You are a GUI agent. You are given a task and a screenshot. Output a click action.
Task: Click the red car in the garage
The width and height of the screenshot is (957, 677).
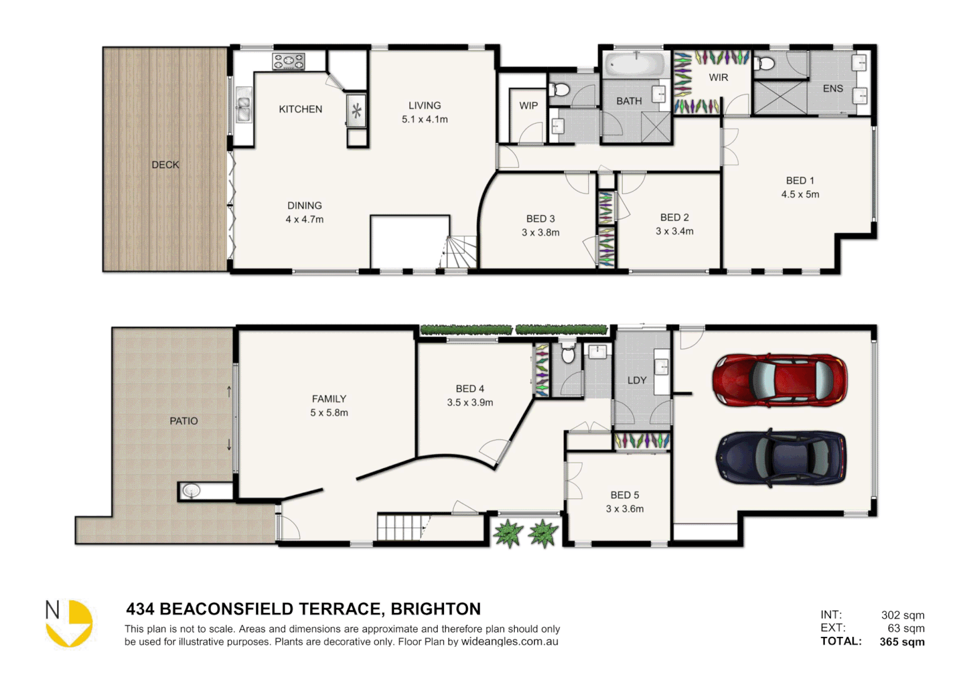[x=779, y=380]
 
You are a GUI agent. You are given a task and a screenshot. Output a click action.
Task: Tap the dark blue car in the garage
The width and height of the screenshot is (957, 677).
[x=780, y=458]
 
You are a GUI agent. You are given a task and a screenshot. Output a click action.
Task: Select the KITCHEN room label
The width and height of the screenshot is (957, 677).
[x=301, y=109]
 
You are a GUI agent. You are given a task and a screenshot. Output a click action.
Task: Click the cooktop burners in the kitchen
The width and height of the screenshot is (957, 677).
[x=288, y=61]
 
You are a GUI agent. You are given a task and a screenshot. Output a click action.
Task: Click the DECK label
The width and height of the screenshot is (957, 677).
[x=165, y=165]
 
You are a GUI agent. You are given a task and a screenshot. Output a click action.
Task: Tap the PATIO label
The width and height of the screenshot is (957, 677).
[x=184, y=421]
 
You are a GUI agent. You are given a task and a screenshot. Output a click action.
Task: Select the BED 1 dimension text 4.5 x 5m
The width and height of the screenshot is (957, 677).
[x=800, y=194]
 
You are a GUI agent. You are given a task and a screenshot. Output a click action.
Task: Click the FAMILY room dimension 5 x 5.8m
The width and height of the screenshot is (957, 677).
[x=329, y=412]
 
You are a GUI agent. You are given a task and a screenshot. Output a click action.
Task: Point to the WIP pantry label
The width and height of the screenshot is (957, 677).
[x=528, y=106]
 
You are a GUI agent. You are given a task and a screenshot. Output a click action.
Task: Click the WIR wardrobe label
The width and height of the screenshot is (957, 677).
[x=718, y=78]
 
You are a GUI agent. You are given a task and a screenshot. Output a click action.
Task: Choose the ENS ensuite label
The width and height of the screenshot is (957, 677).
[x=832, y=89]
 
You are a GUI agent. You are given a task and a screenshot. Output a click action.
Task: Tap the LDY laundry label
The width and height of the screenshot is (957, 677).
[x=636, y=380]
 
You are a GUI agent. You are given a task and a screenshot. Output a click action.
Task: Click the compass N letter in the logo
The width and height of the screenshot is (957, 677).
[x=53, y=610]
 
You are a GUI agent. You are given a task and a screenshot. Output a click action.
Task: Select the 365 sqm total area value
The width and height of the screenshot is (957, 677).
[x=902, y=641]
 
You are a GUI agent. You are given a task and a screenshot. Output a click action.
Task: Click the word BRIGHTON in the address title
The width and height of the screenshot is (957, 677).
[x=436, y=609]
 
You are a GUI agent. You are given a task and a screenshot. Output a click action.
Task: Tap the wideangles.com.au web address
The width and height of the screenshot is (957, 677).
[x=510, y=641]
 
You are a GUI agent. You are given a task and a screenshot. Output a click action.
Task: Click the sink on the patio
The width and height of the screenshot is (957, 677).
[x=191, y=491]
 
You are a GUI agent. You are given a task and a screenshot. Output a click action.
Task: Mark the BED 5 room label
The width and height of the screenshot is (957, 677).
[x=624, y=495]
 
